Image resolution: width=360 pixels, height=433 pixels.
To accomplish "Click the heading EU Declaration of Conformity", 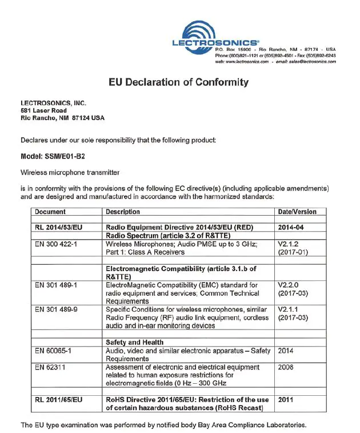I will [x=179, y=82].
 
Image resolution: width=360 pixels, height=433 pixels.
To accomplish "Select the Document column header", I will [x=50, y=212].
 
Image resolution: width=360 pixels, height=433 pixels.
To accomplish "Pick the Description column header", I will [x=123, y=212].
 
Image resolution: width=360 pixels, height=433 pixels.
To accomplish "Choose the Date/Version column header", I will [x=297, y=212].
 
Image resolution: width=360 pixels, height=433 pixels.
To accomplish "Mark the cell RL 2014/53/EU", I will [x=59, y=227].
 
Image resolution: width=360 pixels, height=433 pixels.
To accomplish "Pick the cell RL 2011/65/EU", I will [x=59, y=399].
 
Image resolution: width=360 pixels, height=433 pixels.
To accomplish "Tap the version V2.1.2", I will [x=288, y=243].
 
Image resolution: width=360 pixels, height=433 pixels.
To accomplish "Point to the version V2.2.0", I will [x=288, y=284].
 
